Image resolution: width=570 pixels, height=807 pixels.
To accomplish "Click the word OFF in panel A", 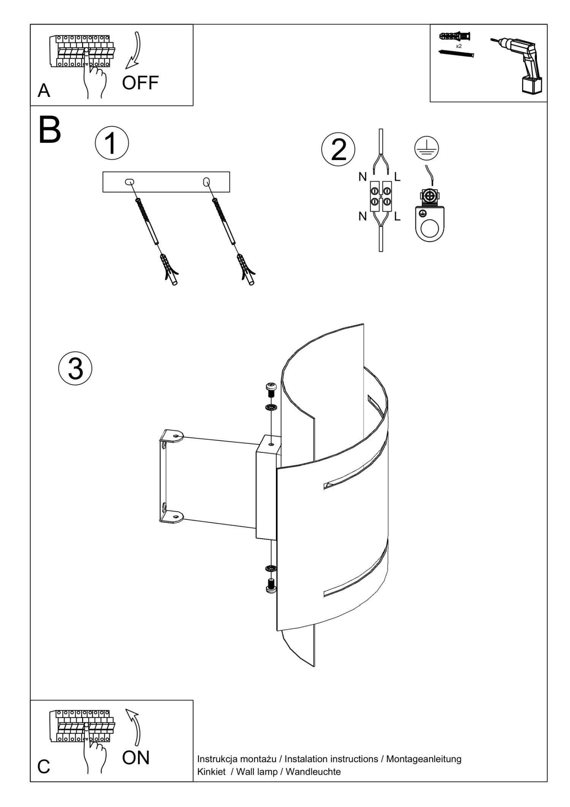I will pyautogui.click(x=140, y=83).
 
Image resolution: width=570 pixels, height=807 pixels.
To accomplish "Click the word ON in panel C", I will pyautogui.click(x=136, y=758).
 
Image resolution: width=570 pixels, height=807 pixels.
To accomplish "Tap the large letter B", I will pyautogui.click(x=49, y=130).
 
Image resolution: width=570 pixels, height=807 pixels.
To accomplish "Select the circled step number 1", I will pyautogui.click(x=111, y=144).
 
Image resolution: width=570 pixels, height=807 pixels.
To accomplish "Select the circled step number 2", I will pyautogui.click(x=338, y=150).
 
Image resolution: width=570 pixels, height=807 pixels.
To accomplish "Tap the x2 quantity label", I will pyautogui.click(x=459, y=46).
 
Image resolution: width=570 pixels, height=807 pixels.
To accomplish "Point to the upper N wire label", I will pyautogui.click(x=363, y=177).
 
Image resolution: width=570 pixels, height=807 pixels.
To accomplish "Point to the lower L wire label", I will pyautogui.click(x=397, y=217).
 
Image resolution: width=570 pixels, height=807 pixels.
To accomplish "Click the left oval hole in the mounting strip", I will pyautogui.click(x=129, y=182).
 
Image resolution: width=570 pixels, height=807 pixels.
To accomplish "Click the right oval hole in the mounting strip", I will pyautogui.click(x=206, y=182).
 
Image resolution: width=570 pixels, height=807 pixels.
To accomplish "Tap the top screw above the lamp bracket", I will pyautogui.click(x=271, y=389).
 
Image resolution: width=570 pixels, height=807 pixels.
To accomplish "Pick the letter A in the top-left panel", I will pyautogui.click(x=44, y=91).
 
